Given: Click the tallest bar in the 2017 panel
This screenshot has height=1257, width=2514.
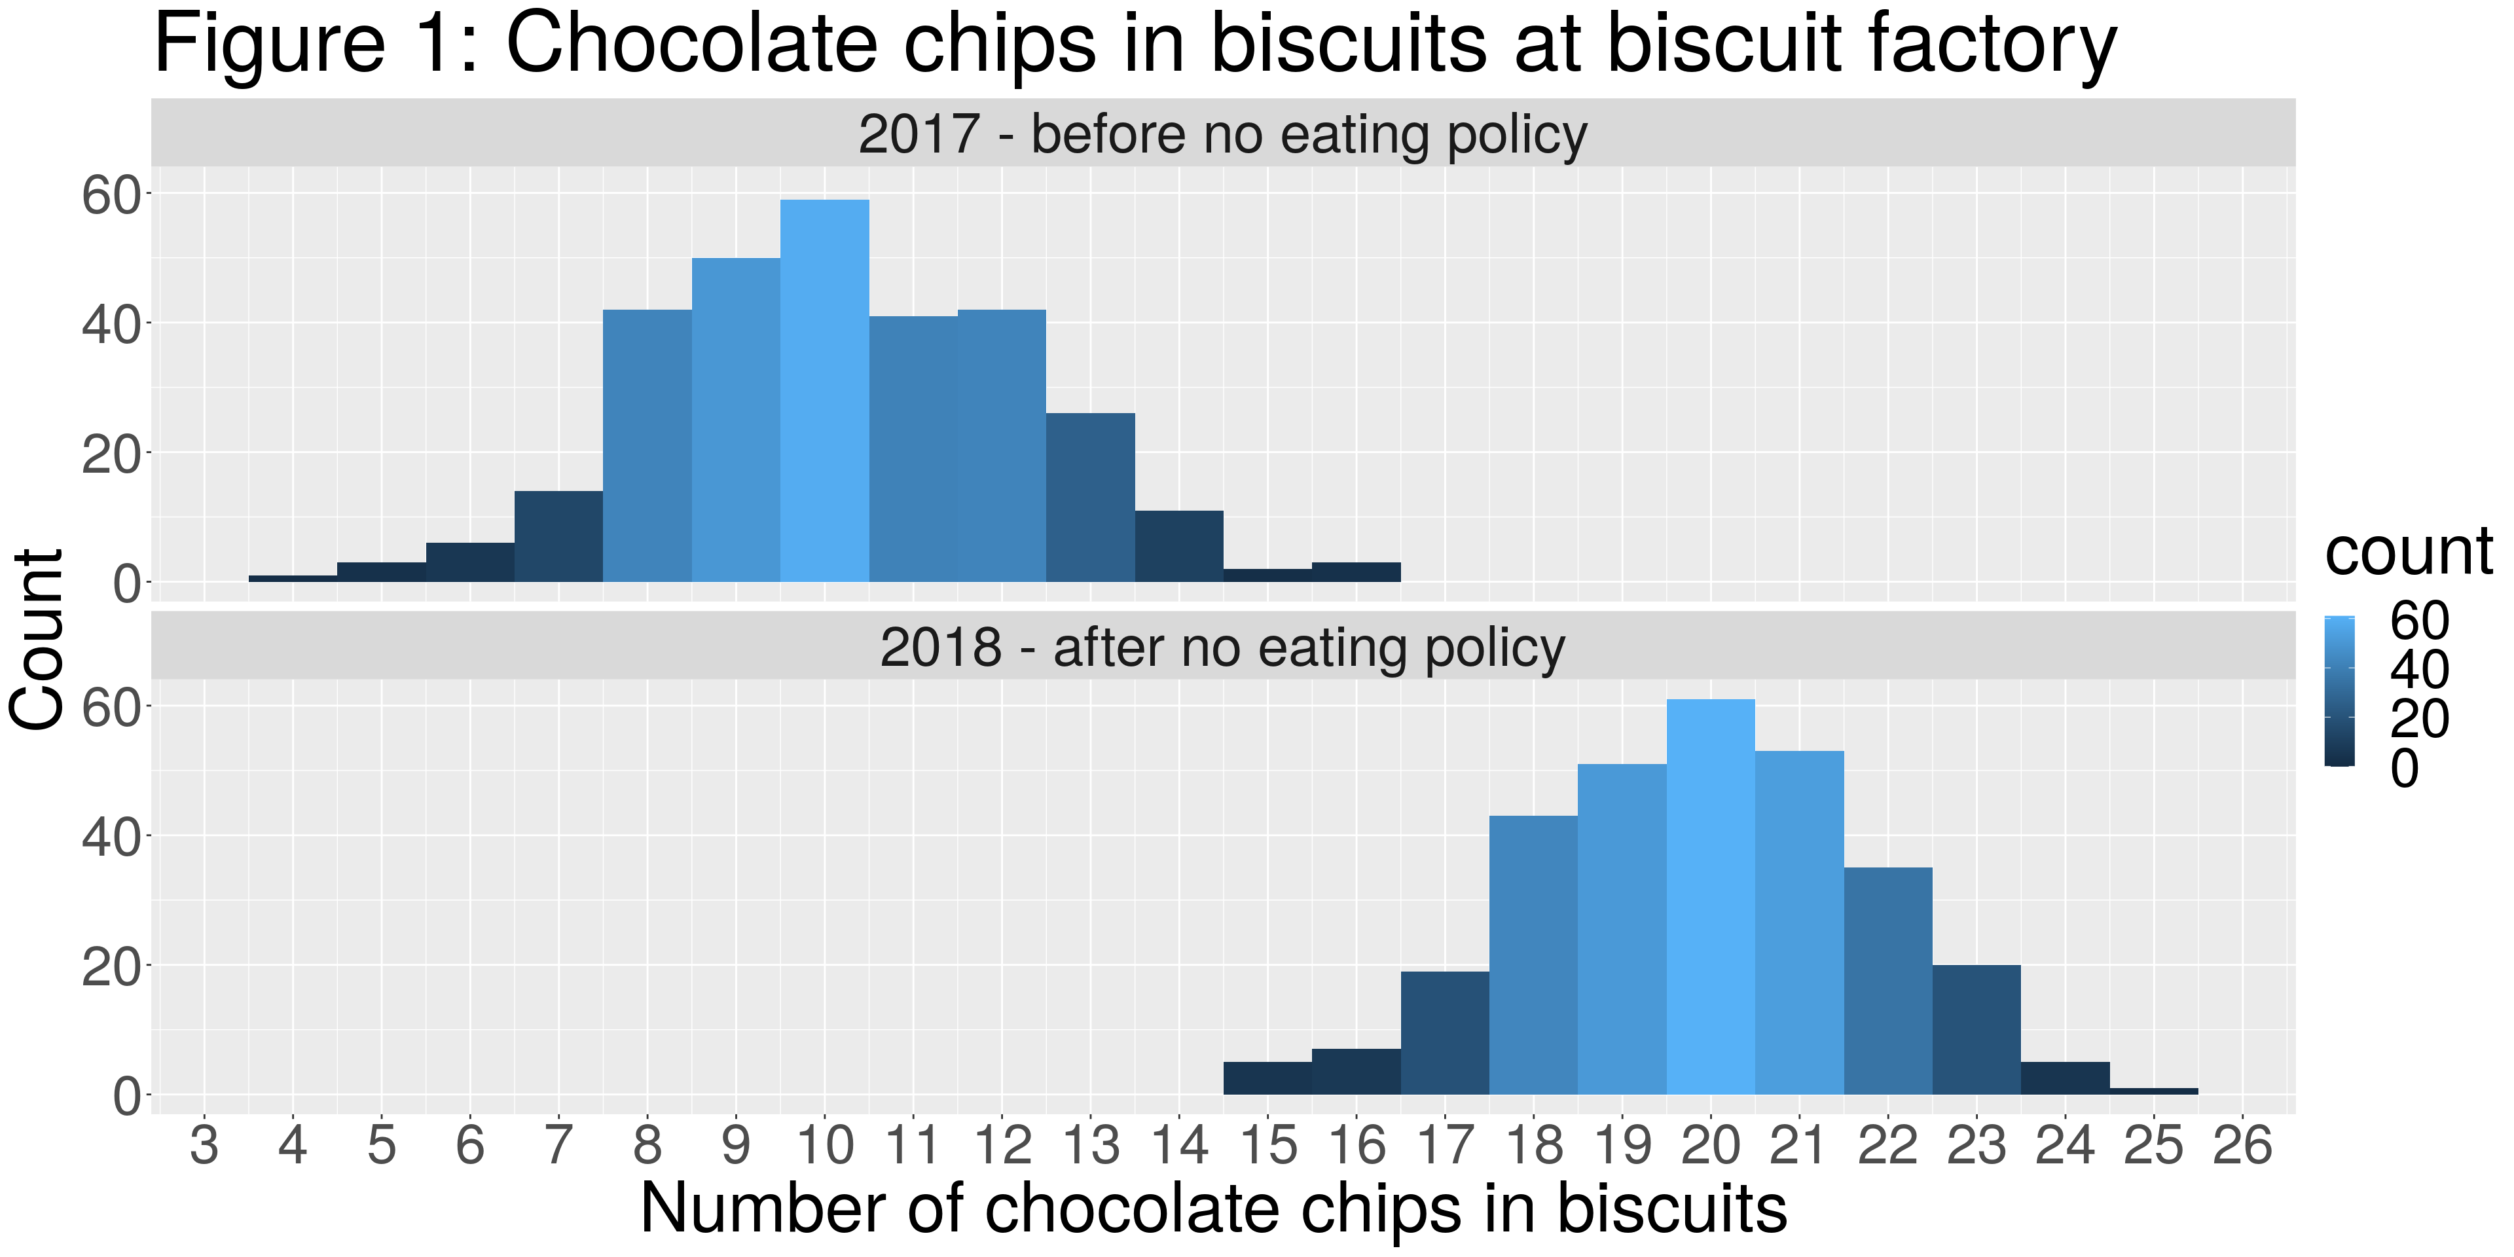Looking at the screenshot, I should coord(825,390).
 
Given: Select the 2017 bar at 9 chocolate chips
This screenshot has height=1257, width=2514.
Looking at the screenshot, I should coord(736,420).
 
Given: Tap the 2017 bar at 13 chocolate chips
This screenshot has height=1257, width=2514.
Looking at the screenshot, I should coord(1090,498).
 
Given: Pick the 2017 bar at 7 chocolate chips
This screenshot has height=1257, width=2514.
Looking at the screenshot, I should coord(558,537).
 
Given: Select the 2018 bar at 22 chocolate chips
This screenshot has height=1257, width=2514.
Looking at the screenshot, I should coord(1887,981).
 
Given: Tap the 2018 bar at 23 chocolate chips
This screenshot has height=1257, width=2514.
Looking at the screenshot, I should coord(1977,1030).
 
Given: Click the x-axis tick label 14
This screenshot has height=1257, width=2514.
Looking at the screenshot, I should coord(1179,1146).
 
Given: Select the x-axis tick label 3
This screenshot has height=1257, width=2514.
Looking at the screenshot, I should coord(204,1146).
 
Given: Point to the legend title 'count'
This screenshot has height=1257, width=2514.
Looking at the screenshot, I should coord(2409,553).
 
